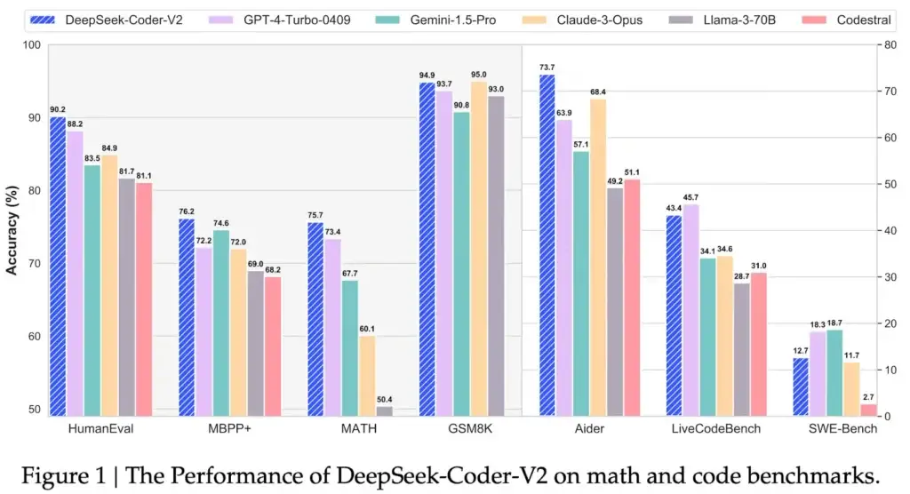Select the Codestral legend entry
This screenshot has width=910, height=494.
836,18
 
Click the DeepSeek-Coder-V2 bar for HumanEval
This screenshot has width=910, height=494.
58,267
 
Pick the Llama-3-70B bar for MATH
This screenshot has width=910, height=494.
384,410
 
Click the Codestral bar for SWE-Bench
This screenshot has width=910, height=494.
868,410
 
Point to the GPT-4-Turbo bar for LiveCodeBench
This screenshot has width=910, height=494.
690,310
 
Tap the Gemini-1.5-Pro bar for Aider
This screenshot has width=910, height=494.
582,283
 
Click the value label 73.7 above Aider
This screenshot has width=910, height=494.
547,68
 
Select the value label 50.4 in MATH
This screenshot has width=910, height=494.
384,399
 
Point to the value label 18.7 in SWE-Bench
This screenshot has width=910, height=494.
834,323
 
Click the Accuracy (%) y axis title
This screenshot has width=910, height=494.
12,230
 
